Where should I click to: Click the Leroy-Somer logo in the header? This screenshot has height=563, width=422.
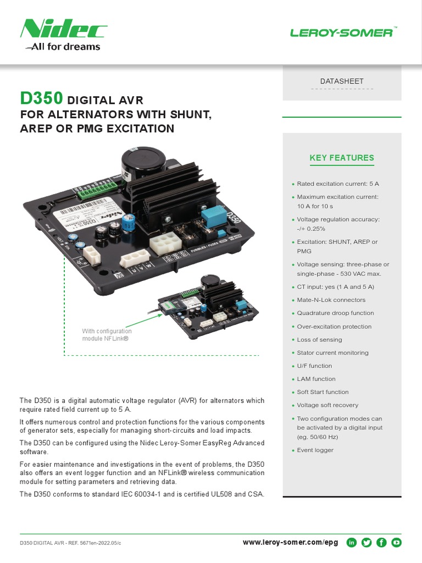[x=342, y=33]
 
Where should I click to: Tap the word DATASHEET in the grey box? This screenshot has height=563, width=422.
[x=342, y=81]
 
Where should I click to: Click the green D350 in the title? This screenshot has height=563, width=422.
[x=41, y=99]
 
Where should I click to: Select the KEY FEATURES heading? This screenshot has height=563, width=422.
[x=342, y=158]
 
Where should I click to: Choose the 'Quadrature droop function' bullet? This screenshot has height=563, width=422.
[x=335, y=313]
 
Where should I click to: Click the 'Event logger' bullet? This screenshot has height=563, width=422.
[x=315, y=450]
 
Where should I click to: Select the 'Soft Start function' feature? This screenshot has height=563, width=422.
[x=323, y=392]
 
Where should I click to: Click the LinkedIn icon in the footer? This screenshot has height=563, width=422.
[x=352, y=543]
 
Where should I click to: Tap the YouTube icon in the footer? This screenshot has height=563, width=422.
[x=396, y=543]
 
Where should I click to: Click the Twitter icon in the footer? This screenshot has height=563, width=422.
[x=367, y=543]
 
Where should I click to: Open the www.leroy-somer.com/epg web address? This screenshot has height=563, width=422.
[x=290, y=543]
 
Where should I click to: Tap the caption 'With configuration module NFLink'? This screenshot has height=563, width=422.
[x=107, y=335]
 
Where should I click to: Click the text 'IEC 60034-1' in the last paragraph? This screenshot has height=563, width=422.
[x=148, y=494]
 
